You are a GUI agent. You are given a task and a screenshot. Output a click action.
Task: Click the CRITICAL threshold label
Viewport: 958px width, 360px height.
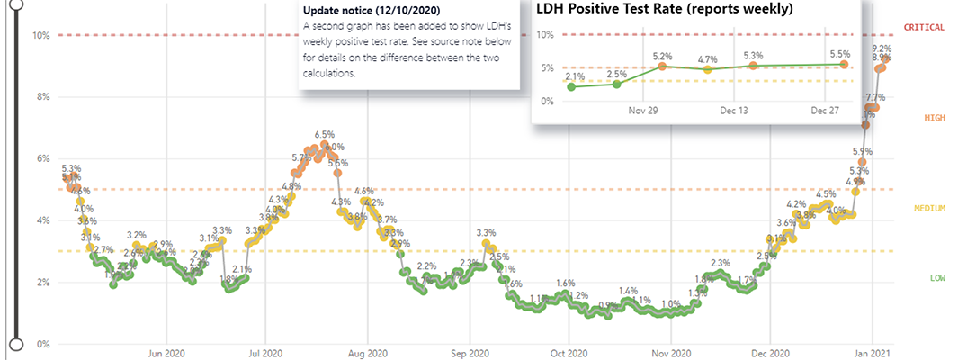923,28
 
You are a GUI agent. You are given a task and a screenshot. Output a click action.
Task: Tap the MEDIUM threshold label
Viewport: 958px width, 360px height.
929,209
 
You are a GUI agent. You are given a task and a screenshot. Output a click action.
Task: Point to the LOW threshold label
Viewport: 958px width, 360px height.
937,278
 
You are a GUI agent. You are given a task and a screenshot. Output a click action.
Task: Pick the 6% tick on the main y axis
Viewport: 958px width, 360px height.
42,158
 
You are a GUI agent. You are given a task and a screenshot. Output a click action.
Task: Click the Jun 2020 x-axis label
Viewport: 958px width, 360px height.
166,354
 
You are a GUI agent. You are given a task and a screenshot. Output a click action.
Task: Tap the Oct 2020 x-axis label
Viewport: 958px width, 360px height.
569,354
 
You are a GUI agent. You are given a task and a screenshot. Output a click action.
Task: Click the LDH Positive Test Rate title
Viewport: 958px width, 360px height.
665,10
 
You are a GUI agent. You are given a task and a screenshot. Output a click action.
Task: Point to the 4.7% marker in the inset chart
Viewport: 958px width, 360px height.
707,69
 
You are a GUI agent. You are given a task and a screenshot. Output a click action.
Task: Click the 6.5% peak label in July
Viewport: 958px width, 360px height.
324,134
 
